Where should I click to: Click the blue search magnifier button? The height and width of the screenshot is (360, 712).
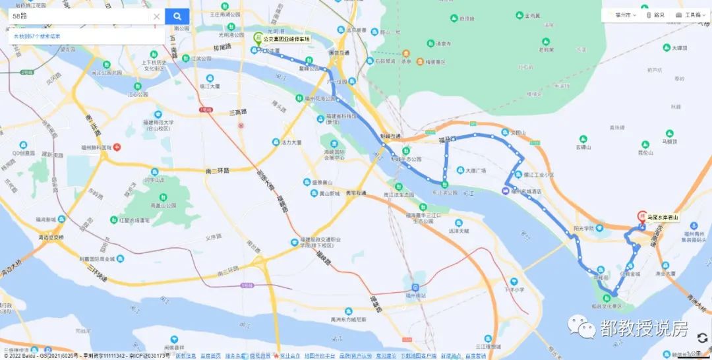click(x=177, y=16)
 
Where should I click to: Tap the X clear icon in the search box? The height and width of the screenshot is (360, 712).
click(x=156, y=16)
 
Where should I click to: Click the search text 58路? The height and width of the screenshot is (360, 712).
click(x=20, y=16)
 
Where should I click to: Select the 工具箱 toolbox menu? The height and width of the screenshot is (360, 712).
click(x=691, y=15)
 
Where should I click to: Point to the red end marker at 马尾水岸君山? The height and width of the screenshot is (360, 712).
click(x=641, y=217)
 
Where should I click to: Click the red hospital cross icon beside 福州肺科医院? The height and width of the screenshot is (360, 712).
click(x=117, y=147)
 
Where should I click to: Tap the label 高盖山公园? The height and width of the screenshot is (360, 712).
click(x=163, y=205)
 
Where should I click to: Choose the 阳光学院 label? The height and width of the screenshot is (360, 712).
click(x=583, y=228)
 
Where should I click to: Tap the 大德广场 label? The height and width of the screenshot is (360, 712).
click(x=475, y=171)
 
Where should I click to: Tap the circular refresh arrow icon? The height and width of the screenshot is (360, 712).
click(x=703, y=338)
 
